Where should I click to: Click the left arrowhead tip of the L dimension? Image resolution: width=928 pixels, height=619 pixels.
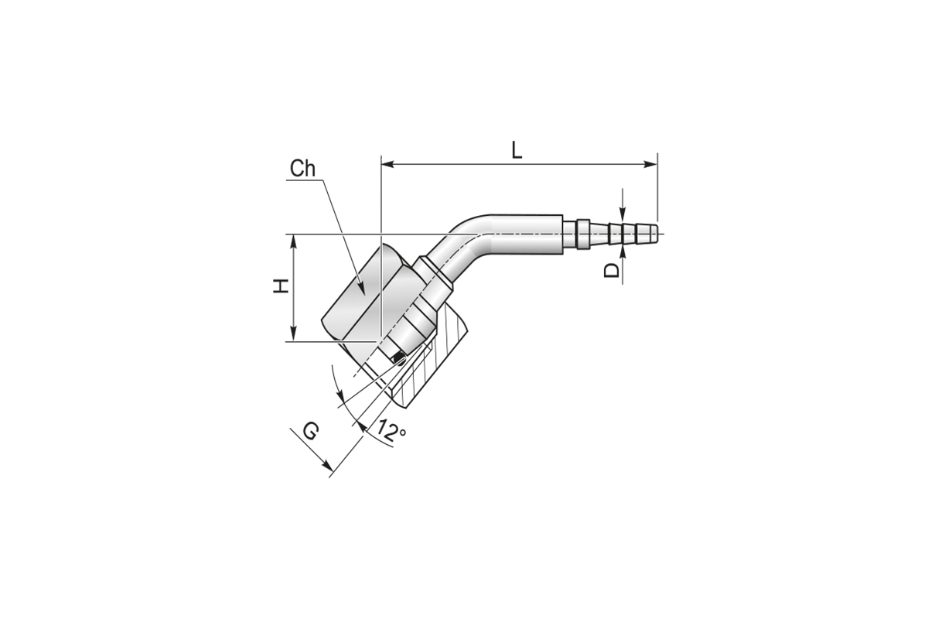tap(381, 165)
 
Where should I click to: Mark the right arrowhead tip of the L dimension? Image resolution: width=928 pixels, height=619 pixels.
tap(657, 165)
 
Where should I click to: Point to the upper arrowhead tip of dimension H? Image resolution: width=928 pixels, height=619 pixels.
tap(294, 234)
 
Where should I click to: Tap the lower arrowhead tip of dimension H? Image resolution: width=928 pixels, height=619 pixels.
tap(294, 340)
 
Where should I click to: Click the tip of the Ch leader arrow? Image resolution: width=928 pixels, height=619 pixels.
tap(364, 296)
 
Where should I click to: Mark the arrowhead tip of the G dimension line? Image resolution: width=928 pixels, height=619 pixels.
tap(333, 471)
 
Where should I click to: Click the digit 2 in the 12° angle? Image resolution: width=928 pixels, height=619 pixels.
tap(388, 432)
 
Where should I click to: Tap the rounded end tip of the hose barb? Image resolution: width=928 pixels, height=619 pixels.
tap(657, 234)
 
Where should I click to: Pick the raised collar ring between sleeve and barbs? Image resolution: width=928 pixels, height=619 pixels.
tap(583, 234)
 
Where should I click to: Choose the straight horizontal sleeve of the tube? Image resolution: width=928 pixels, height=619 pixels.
tap(526, 234)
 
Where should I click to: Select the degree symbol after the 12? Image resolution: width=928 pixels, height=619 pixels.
tap(401, 433)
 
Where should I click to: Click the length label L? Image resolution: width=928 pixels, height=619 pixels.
tap(517, 151)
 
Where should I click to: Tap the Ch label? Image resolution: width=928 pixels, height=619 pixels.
tap(302, 169)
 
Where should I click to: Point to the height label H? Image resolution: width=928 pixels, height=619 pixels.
tap(281, 286)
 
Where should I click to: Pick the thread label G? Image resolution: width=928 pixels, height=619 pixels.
tap(311, 433)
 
